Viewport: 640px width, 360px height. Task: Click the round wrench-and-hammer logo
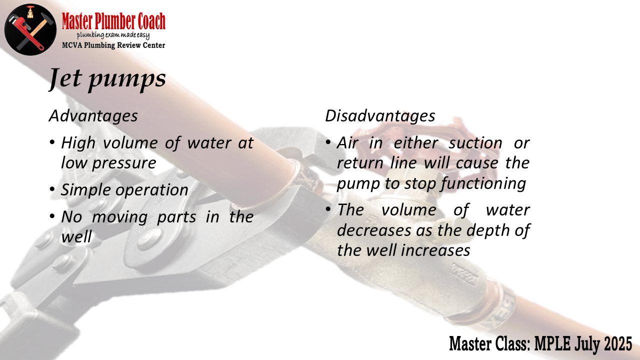coord(30,29)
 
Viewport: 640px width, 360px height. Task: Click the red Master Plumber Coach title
coord(113,21)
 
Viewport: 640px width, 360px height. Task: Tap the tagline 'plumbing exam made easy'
coord(113,35)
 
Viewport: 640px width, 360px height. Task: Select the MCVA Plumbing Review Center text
coord(113,45)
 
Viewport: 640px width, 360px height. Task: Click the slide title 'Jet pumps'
coord(107,79)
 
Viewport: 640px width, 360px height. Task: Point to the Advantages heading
coord(93,116)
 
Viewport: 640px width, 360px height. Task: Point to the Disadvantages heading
coord(380,116)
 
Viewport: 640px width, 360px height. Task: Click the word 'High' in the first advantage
coord(78,143)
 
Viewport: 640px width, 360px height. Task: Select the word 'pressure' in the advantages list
coord(124,163)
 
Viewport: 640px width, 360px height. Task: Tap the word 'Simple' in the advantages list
coord(85,190)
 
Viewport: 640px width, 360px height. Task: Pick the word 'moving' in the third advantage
coord(119,217)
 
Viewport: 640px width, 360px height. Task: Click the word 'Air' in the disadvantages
coord(347,143)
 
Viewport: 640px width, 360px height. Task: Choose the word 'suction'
coord(475,143)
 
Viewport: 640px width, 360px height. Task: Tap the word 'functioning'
coord(483,183)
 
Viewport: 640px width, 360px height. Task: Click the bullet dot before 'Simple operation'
coord(52,189)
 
